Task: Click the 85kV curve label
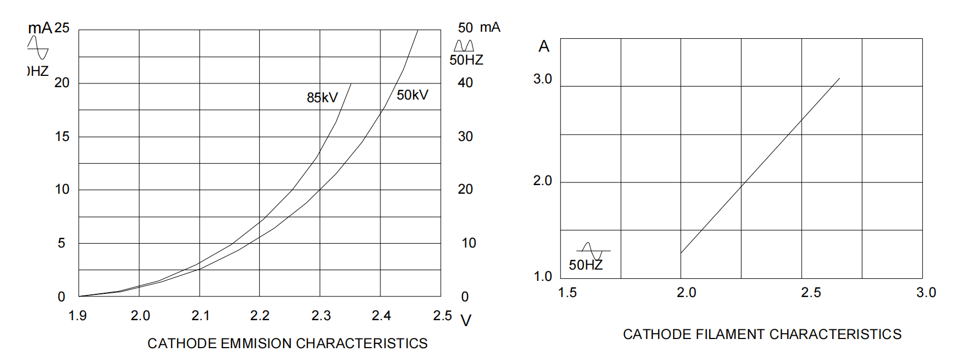(x=322, y=97)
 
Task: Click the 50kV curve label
(x=412, y=95)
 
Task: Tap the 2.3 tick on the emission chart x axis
(x=321, y=316)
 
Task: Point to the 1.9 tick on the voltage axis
(x=77, y=316)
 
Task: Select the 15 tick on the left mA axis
(x=62, y=137)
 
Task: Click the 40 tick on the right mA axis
(x=465, y=83)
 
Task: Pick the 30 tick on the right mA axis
(x=465, y=137)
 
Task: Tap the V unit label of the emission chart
(x=466, y=321)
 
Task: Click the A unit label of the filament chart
(x=544, y=47)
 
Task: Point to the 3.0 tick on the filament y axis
(x=542, y=79)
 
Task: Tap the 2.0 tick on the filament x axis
(x=686, y=293)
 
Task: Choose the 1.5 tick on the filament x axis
(x=567, y=293)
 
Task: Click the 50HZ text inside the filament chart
(x=585, y=265)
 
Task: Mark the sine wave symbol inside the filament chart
(x=593, y=251)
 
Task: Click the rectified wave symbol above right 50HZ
(x=464, y=45)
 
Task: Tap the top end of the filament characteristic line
(x=839, y=79)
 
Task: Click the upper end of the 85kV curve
(x=351, y=84)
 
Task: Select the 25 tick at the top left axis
(x=62, y=28)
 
